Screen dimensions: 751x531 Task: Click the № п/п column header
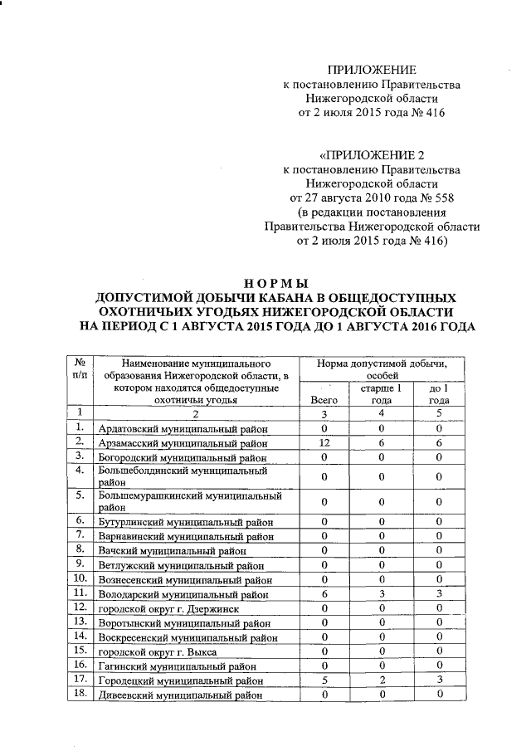point(80,370)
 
